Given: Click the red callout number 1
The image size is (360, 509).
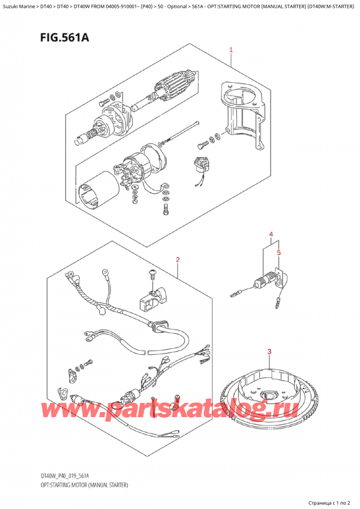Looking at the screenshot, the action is point(231,50).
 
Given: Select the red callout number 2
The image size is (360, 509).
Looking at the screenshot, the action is point(178,259).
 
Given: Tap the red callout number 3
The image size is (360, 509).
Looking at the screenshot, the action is point(269,352).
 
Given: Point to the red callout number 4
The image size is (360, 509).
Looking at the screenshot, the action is point(271,234).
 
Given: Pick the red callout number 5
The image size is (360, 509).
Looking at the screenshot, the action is point(278,252).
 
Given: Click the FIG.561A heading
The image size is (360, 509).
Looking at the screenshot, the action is point(65,38).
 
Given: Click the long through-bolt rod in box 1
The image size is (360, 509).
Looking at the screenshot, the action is point(179,133).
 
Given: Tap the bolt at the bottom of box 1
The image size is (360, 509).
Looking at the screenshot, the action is point(165,209).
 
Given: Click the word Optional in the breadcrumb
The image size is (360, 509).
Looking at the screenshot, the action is point(177,6).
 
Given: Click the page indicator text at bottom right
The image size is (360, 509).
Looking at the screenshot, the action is point(329,503).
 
